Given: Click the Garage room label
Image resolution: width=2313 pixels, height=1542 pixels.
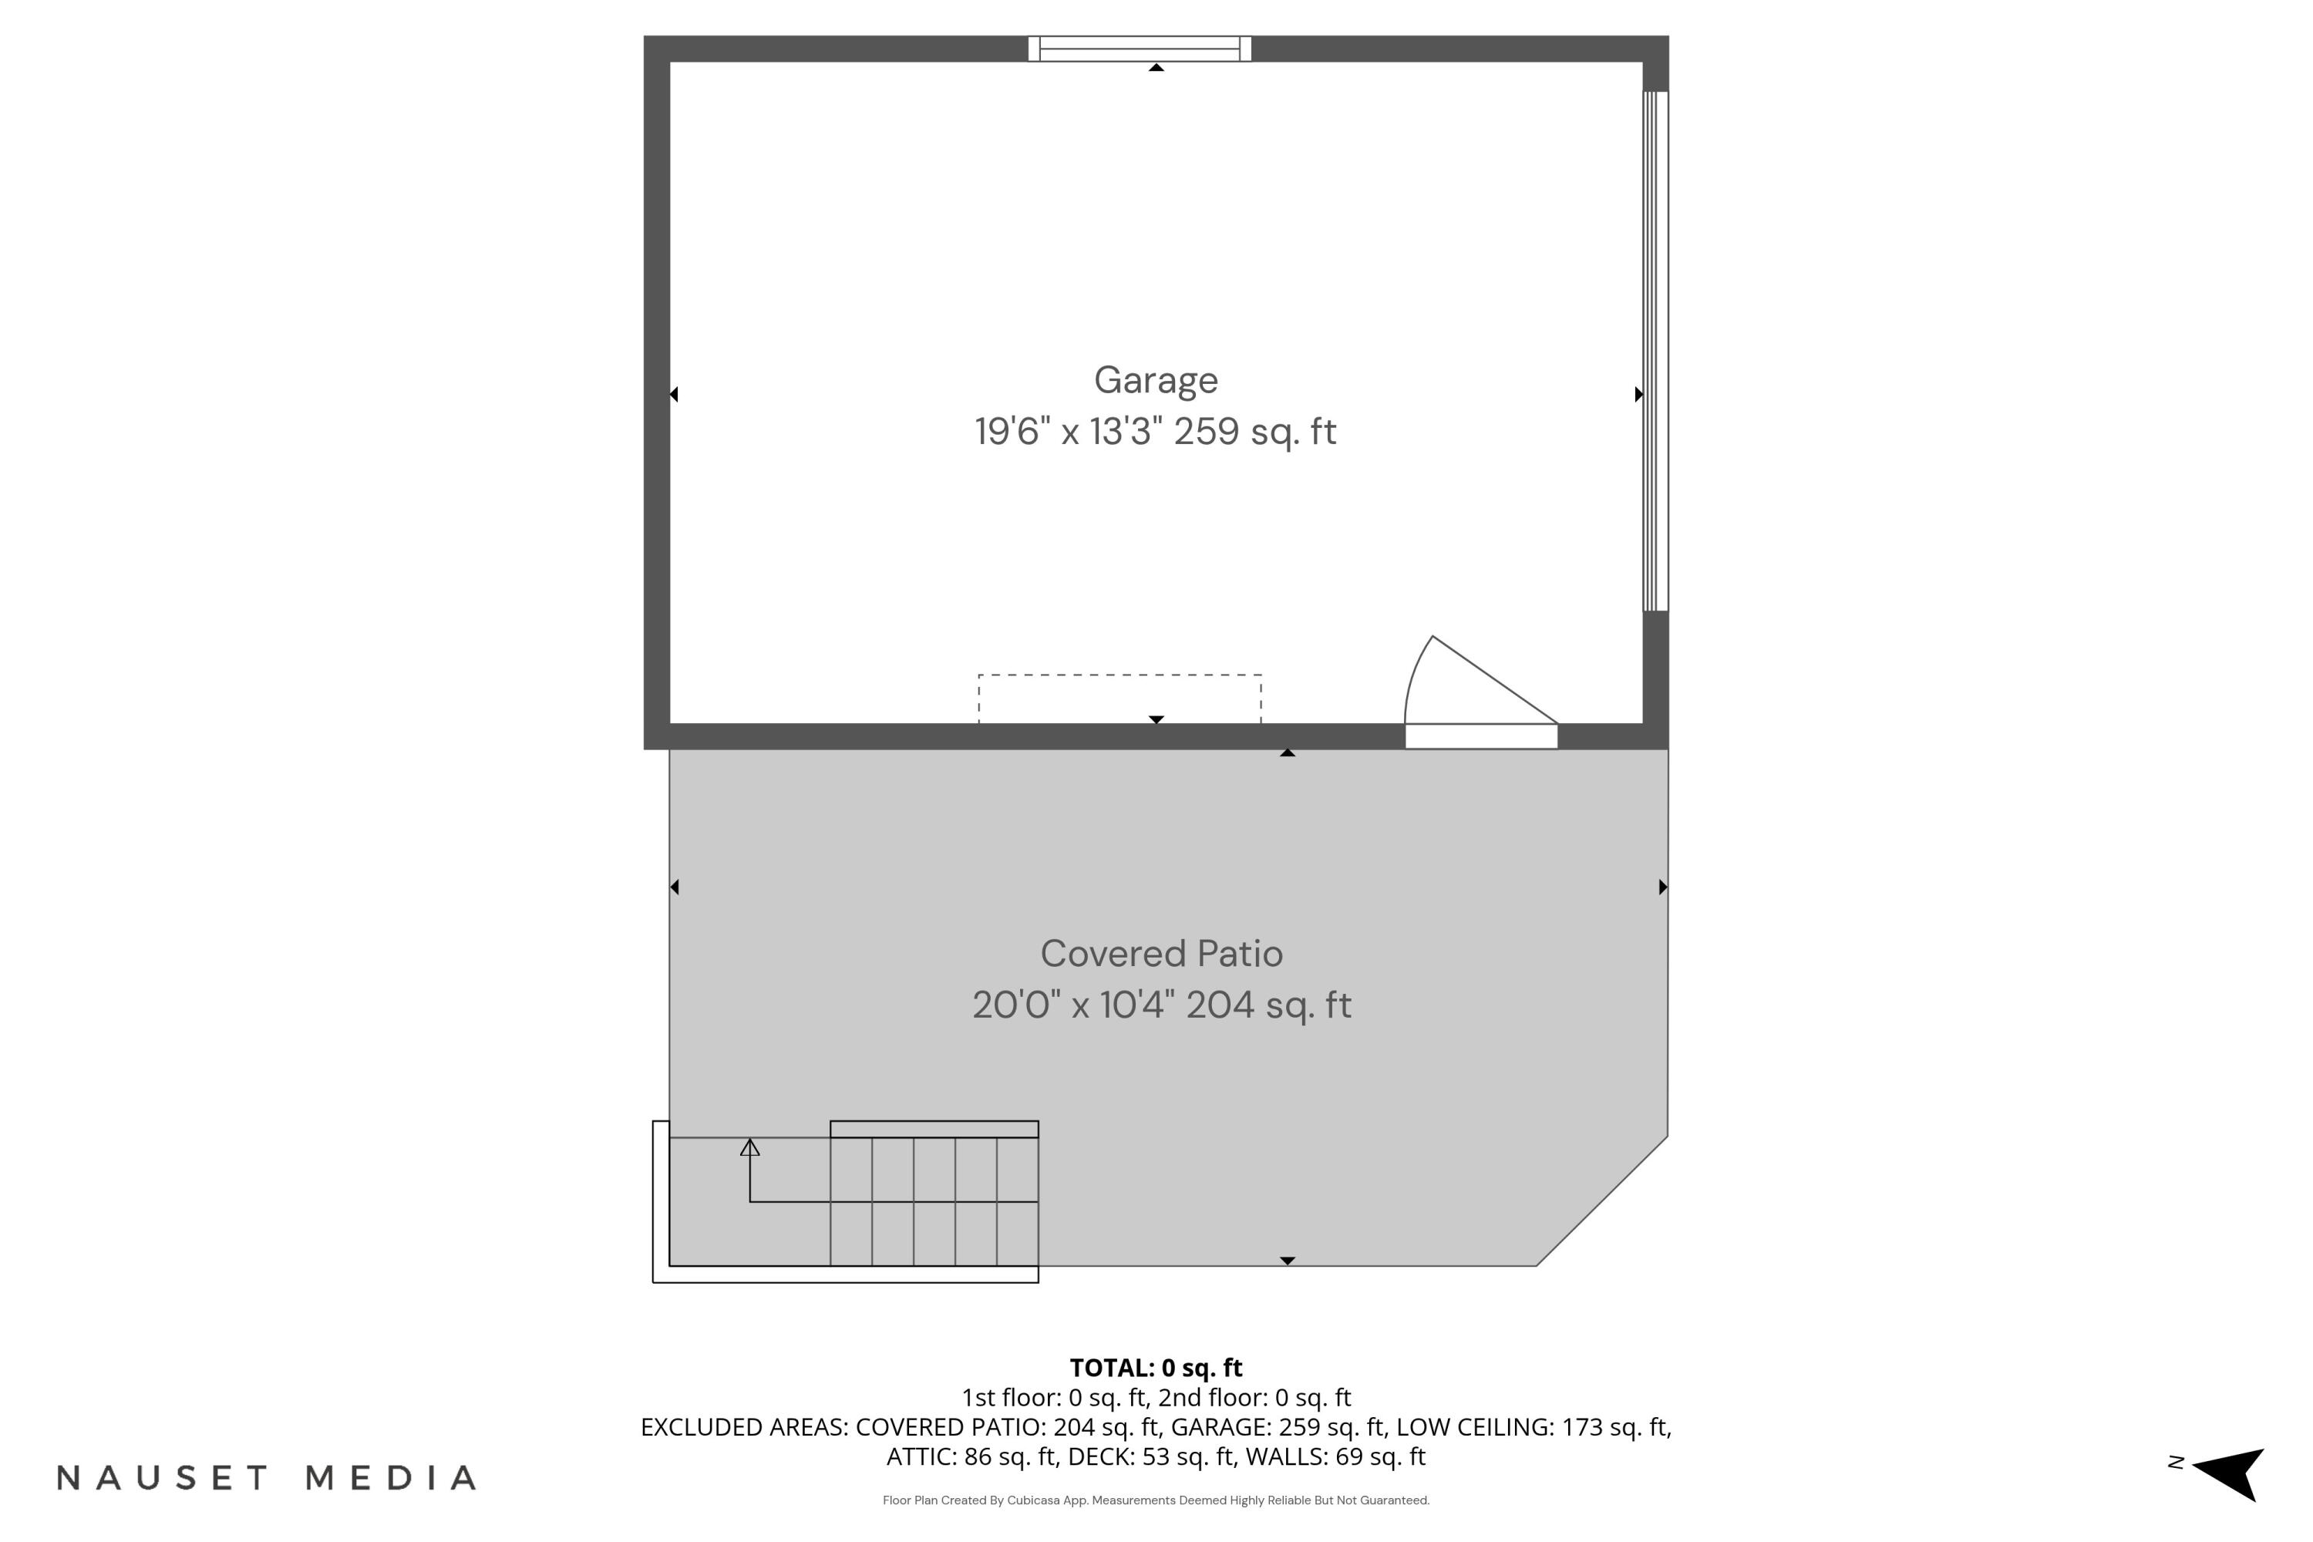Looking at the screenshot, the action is [x=1156, y=381].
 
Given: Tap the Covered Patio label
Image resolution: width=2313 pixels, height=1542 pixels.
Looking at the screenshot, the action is [x=1161, y=953].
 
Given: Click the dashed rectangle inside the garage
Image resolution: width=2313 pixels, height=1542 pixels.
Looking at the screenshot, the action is [x=1120, y=675].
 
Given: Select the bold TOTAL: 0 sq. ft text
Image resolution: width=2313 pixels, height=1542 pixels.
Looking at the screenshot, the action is [x=1156, y=1368].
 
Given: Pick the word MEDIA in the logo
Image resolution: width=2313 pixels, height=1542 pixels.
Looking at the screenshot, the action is [x=392, y=1477].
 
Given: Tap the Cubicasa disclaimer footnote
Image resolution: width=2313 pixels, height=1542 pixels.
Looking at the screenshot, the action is [x=1156, y=1500].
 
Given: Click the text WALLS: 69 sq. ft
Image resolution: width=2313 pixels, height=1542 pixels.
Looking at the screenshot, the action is [x=1335, y=1456].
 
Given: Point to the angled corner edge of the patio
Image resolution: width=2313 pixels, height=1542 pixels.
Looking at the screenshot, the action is [x=1602, y=1200].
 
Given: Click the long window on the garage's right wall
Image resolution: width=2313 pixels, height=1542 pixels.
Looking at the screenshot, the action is [x=1656, y=351].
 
